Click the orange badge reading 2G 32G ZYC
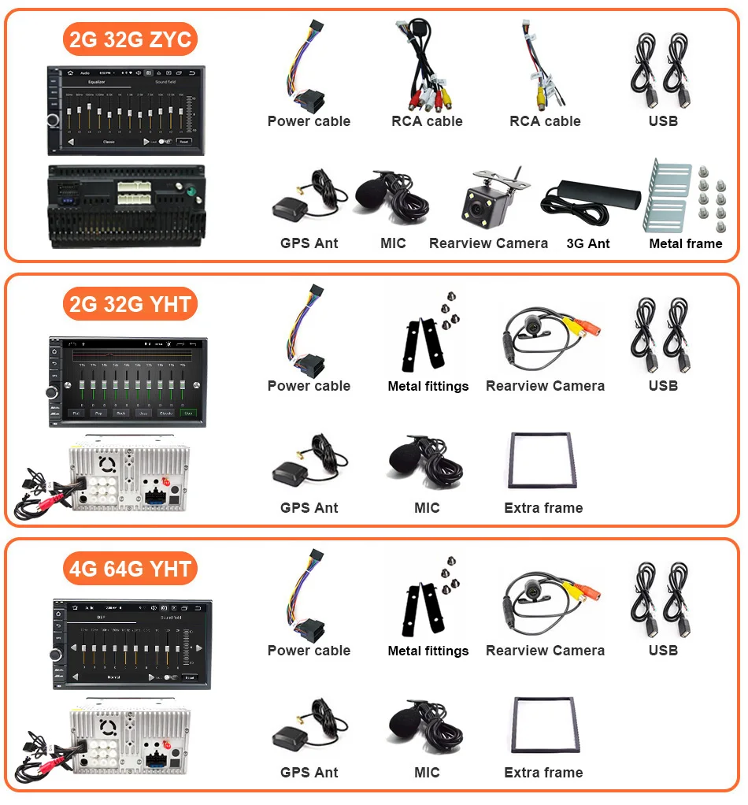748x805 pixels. [130, 40]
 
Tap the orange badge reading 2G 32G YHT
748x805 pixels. [130, 304]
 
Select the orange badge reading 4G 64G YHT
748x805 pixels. [130, 569]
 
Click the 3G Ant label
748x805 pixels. [588, 243]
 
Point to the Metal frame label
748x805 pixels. [685, 243]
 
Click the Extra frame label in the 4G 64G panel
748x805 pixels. [543, 773]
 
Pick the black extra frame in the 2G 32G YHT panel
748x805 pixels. [543, 462]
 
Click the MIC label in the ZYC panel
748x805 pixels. [393, 243]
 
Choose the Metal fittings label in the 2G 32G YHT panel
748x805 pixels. [428, 386]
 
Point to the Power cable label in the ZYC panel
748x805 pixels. [309, 121]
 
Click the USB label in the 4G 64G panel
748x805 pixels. [663, 651]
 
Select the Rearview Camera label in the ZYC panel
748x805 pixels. [488, 243]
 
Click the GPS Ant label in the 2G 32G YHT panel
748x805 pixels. [309, 508]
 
